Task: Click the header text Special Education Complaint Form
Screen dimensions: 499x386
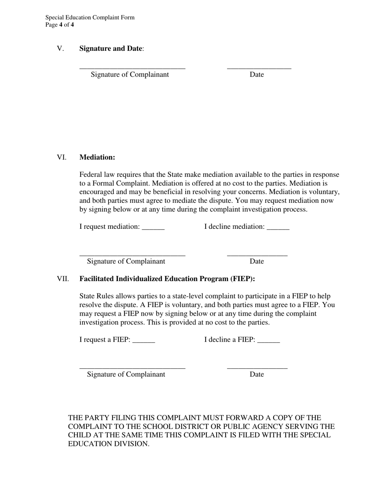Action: click(x=90, y=17)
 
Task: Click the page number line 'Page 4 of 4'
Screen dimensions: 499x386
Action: click(x=60, y=25)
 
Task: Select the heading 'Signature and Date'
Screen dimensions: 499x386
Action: click(x=111, y=48)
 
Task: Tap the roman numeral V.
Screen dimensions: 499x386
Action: click(x=61, y=48)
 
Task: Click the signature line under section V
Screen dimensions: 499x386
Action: click(x=132, y=67)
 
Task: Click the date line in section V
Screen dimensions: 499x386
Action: click(x=259, y=67)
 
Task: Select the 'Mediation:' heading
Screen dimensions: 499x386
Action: click(x=97, y=157)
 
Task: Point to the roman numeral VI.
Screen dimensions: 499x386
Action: click(x=62, y=157)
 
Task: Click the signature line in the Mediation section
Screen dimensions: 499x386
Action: click(x=132, y=255)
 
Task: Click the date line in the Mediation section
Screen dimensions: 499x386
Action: click(x=257, y=255)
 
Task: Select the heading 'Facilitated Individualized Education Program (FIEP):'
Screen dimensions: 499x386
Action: click(x=167, y=279)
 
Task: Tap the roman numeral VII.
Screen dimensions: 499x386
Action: click(x=63, y=279)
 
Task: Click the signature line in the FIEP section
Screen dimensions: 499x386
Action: click(x=132, y=368)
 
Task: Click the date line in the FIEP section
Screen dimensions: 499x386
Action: click(x=257, y=368)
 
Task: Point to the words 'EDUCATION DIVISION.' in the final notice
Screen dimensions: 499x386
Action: click(x=108, y=444)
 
